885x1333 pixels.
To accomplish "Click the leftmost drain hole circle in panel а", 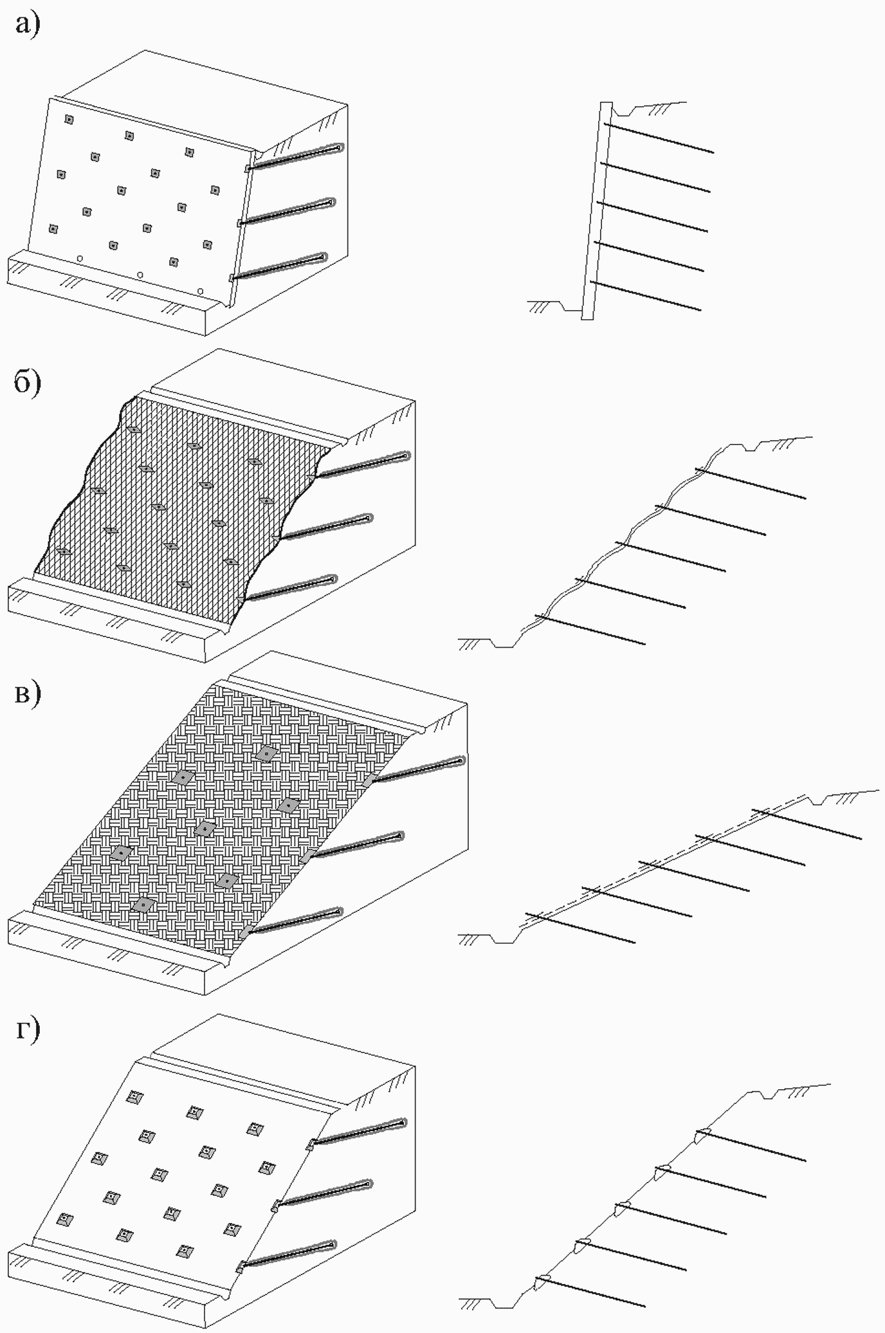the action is click(x=80, y=259).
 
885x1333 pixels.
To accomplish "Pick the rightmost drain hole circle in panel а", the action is click(x=201, y=291).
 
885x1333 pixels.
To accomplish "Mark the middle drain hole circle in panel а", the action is click(x=140, y=275).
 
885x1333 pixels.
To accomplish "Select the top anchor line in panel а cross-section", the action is click(x=659, y=138).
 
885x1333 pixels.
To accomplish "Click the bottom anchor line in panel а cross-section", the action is click(x=646, y=297).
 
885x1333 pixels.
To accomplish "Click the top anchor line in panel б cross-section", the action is click(x=751, y=483).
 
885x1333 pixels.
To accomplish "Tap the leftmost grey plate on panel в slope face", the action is click(x=121, y=853).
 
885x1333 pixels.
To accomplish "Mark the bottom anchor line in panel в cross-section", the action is click(x=580, y=928).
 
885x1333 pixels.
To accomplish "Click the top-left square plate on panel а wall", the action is click(x=69, y=120).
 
